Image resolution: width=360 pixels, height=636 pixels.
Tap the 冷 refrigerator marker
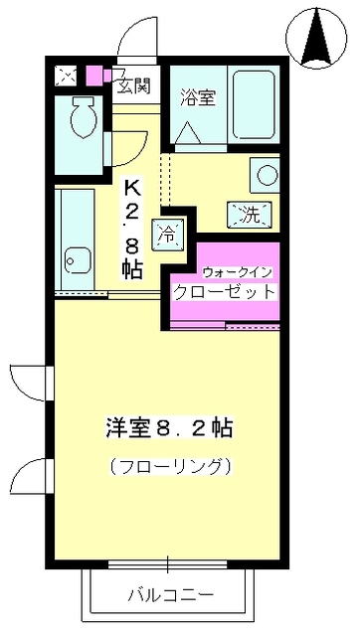pyautogui.click(x=165, y=235)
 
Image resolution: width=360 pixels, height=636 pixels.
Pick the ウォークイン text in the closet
pyautogui.click(x=237, y=272)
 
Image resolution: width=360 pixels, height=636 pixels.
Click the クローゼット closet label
pyautogui.click(x=225, y=292)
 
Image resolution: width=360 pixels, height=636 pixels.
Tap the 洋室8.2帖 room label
pyautogui.click(x=169, y=429)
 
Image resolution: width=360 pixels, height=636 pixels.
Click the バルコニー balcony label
pyautogui.click(x=169, y=596)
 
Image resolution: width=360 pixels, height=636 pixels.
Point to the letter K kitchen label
pyautogui.click(x=131, y=187)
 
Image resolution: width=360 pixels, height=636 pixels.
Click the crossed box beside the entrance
pyautogui.click(x=68, y=75)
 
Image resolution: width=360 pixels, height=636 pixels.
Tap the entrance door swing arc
pyautogui.click(x=131, y=42)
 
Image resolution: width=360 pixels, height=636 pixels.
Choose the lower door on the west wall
pyautogui.click(x=32, y=471)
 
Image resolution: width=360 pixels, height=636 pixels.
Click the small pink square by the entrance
pyautogui.click(x=94, y=75)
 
